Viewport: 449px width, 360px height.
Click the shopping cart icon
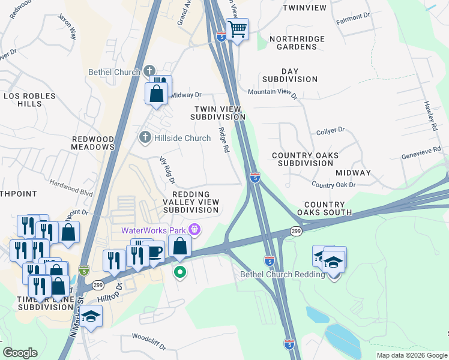click(x=238, y=28)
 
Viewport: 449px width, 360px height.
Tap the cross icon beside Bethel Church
click(x=150, y=72)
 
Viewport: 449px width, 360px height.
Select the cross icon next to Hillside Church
click(x=144, y=138)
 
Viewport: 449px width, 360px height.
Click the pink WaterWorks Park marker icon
click(x=194, y=230)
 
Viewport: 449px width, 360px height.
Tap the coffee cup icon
click(x=155, y=251)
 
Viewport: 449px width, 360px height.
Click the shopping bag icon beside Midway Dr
click(x=156, y=94)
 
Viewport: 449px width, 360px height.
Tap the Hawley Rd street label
click(x=431, y=116)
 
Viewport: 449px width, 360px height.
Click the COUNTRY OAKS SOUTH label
click(x=328, y=208)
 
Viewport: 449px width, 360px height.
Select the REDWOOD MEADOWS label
click(x=93, y=143)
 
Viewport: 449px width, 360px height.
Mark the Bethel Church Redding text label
click(x=282, y=275)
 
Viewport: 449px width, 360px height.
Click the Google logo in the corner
click(x=20, y=352)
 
